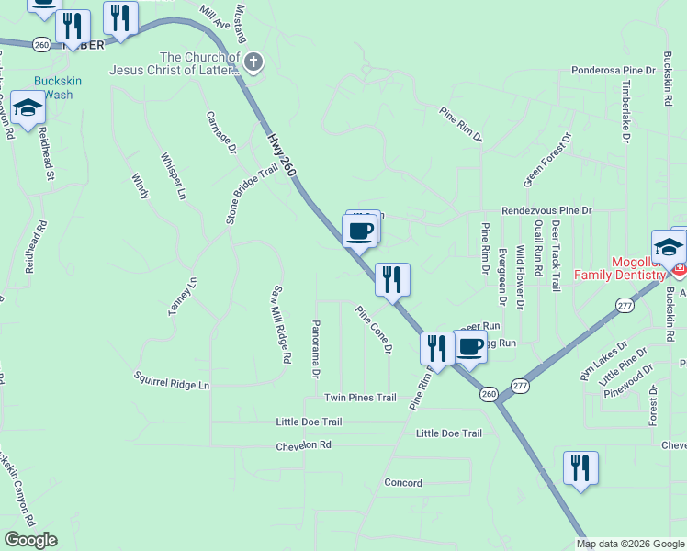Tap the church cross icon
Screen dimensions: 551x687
(254, 63)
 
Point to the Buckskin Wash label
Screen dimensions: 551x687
(58, 87)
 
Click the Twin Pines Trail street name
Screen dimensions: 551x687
(360, 398)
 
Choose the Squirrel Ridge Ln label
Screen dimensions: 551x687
(172, 380)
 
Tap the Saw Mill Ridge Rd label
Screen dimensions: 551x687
(280, 323)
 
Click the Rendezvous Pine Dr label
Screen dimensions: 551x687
(547, 211)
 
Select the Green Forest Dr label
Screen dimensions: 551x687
(547, 157)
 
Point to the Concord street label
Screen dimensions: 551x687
(402, 483)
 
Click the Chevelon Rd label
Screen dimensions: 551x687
(302, 444)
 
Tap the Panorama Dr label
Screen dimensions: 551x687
(315, 350)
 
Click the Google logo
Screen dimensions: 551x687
(29, 540)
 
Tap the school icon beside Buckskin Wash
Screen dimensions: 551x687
(28, 108)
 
